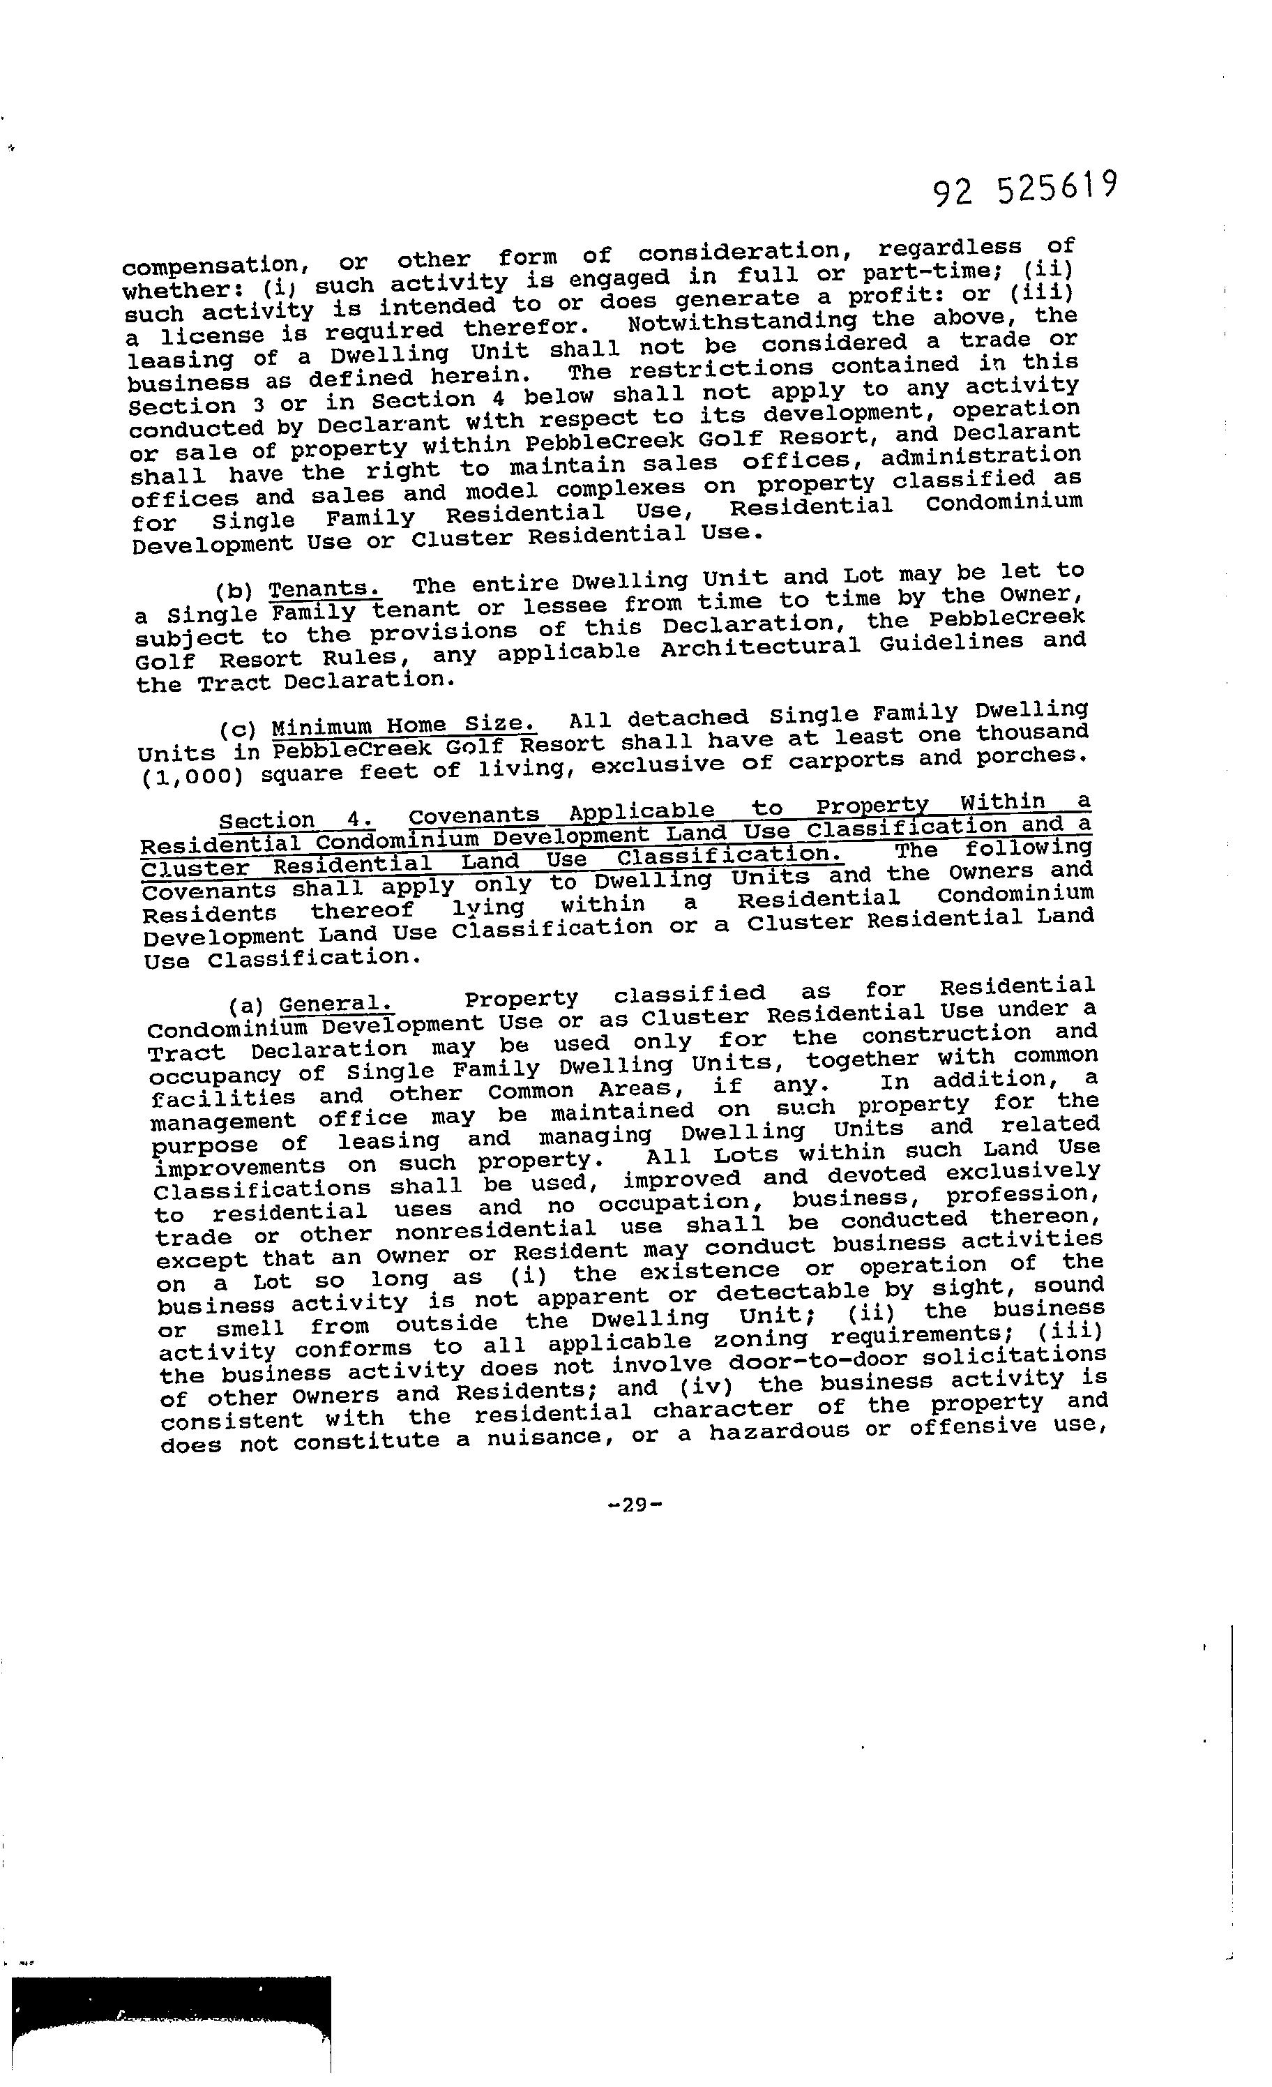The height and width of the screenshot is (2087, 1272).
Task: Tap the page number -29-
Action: [635, 1505]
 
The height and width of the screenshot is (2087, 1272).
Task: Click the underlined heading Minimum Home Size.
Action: [404, 726]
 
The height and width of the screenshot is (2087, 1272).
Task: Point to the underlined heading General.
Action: [336, 1004]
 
